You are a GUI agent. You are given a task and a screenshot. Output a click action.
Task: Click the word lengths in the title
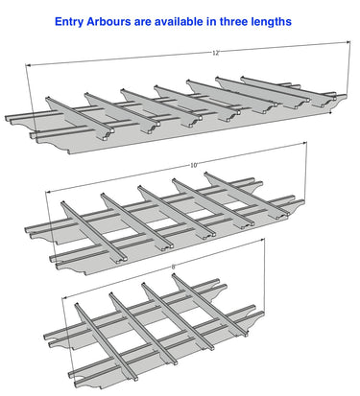pyautogui.click(x=271, y=22)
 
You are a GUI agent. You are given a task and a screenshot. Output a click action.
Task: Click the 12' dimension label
pyautogui.click(x=215, y=54)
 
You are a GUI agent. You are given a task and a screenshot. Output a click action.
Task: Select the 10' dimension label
pyautogui.click(x=194, y=165)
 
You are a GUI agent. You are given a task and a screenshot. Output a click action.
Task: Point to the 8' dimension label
pyautogui.click(x=174, y=267)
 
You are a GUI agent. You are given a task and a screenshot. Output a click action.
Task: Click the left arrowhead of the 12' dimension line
pyautogui.click(x=28, y=65)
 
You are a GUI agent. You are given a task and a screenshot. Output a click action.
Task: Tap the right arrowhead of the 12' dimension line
pyautogui.click(x=348, y=42)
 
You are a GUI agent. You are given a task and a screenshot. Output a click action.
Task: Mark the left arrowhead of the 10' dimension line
pyautogui.click(x=49, y=192)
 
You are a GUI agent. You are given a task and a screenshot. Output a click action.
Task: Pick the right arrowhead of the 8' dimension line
pyautogui.click(x=262, y=239)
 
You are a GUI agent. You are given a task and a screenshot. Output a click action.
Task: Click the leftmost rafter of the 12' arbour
pyautogui.click(x=80, y=118)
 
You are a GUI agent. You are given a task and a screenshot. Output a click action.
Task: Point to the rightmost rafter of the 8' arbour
pyautogui.click(x=210, y=305)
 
